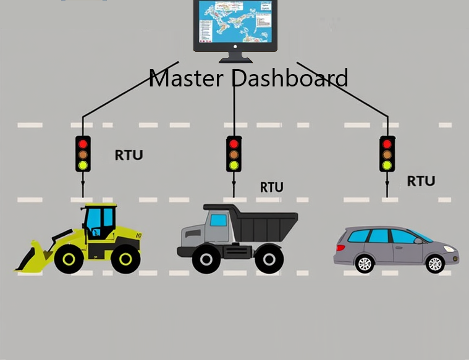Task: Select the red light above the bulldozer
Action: [x=83, y=143]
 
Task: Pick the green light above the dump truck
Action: [x=234, y=165]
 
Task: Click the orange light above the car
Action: [x=387, y=154]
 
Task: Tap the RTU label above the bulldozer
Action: [x=129, y=154]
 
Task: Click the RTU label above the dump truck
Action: [x=271, y=186]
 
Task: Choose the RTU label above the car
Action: [x=421, y=181]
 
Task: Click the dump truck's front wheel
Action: [x=206, y=259]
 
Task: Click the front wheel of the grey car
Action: [x=435, y=263]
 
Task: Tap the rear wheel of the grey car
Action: [x=365, y=263]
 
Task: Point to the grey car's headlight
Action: [x=449, y=248]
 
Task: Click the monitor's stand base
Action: [x=235, y=59]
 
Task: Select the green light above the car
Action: [x=387, y=165]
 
